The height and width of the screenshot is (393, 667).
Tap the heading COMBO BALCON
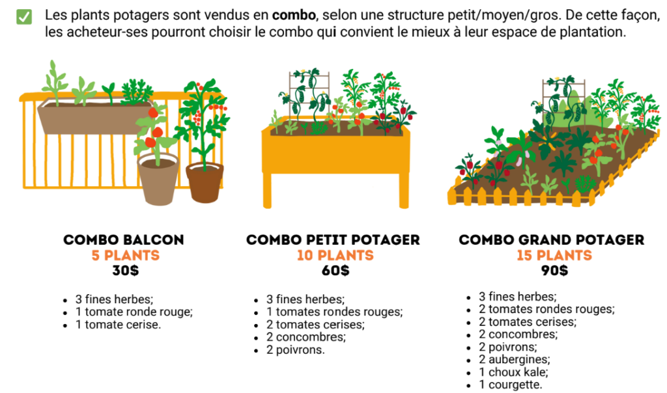(x=124, y=240)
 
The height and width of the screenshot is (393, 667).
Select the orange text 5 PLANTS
(x=124, y=255)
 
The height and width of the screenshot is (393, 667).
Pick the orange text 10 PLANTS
(x=335, y=255)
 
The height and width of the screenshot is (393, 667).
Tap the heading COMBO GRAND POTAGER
(x=551, y=240)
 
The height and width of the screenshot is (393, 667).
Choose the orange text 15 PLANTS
(x=554, y=255)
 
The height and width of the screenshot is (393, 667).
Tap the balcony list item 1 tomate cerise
(x=117, y=324)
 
